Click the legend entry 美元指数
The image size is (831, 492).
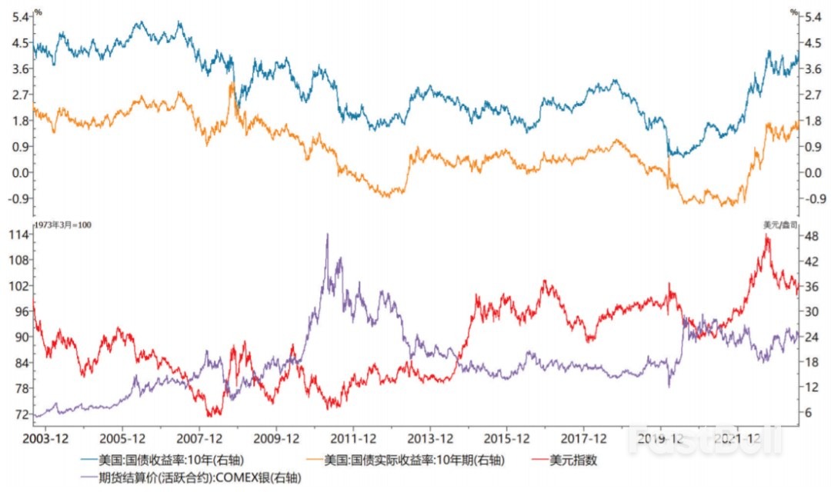click(572, 460)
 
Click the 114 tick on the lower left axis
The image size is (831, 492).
click(19, 235)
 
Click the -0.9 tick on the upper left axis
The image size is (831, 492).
click(18, 198)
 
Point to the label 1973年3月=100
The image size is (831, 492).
click(54, 224)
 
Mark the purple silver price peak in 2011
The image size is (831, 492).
click(327, 234)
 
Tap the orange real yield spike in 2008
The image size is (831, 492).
click(232, 84)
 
